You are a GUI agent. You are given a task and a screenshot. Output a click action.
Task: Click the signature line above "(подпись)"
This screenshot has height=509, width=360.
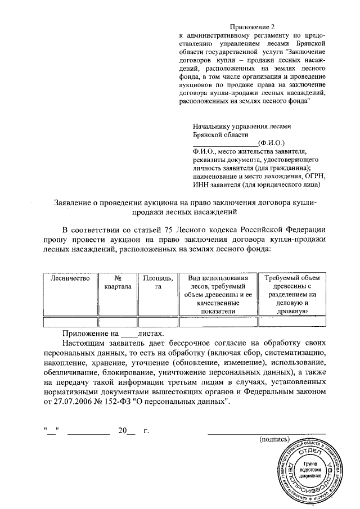[267, 433]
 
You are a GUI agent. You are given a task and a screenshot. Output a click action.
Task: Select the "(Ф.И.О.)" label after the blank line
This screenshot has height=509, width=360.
[271, 143]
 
